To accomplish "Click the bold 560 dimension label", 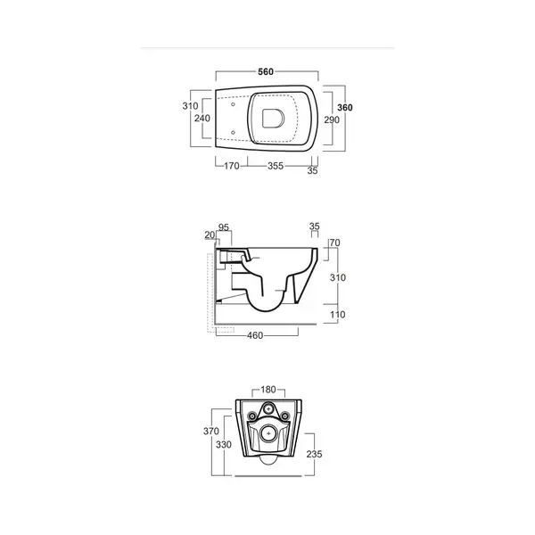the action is [x=266, y=71].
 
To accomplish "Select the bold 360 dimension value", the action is [x=344, y=108].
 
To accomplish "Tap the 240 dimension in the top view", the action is [x=202, y=118].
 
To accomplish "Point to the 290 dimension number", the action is [x=332, y=119].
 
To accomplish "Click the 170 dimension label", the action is [x=231, y=166].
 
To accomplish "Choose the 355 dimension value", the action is [x=276, y=166].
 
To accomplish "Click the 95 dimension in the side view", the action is [x=224, y=227].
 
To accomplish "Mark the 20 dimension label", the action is [x=210, y=235].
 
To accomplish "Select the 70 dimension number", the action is [x=335, y=243].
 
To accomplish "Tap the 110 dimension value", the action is [x=338, y=315].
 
